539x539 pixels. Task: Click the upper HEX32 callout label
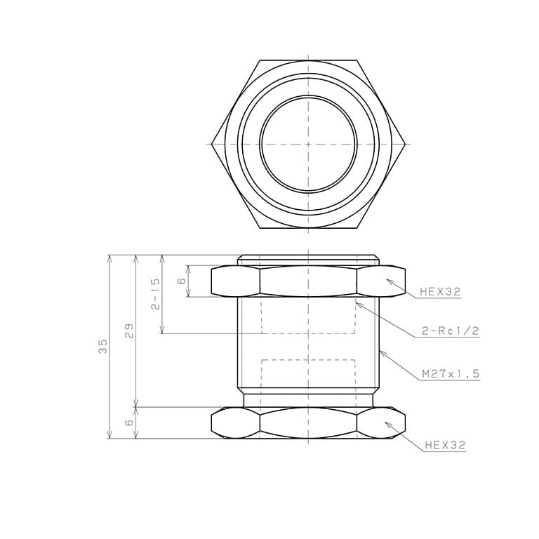[439, 292]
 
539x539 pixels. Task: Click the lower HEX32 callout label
[445, 446]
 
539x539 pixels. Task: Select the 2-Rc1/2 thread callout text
[450, 331]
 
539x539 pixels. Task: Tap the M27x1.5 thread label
[451, 373]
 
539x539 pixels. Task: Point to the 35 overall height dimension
[103, 347]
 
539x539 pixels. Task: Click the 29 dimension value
[129, 331]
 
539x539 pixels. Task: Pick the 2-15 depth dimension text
[155, 294]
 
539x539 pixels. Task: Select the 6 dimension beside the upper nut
[182, 281]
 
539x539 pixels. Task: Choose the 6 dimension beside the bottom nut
[129, 422]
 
